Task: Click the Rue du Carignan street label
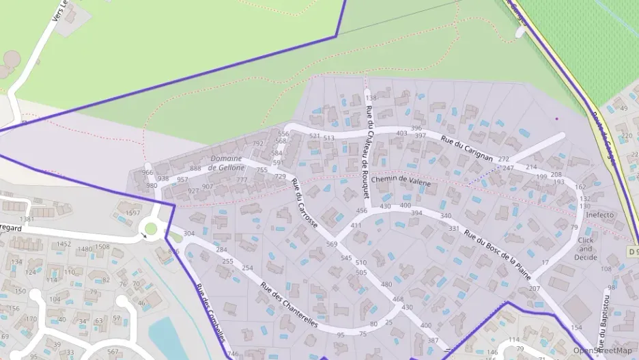click(x=467, y=148)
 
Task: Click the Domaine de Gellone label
click(x=225, y=163)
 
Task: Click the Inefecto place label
click(x=599, y=215)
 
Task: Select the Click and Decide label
click(x=586, y=249)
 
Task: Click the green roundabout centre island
click(x=151, y=229)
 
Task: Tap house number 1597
click(x=132, y=213)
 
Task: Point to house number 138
click(x=371, y=98)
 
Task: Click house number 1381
click(x=27, y=219)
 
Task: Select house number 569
click(x=332, y=244)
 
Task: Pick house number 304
click(x=189, y=234)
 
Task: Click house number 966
click(x=147, y=173)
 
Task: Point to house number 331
click(x=453, y=228)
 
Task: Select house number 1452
click(x=64, y=244)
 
